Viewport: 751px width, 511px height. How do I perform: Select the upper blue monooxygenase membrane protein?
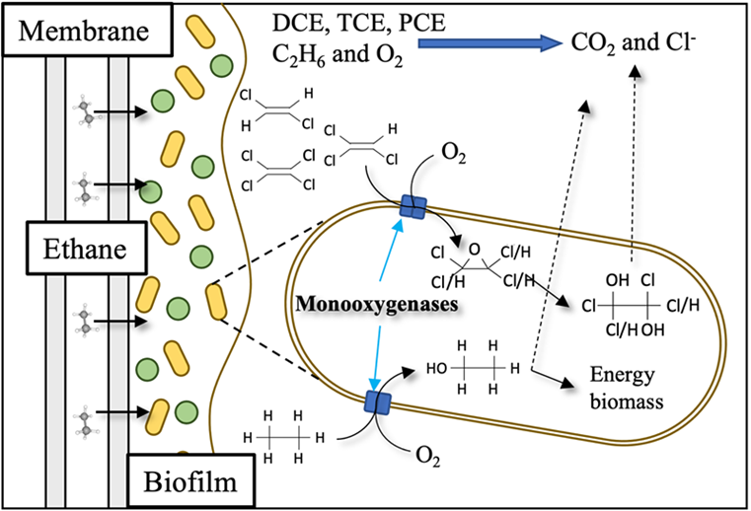[412, 207]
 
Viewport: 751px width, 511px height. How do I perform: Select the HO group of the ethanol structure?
[438, 366]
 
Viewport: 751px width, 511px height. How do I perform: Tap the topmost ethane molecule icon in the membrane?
[90, 111]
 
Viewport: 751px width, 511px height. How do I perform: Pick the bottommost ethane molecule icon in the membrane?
[90, 414]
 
